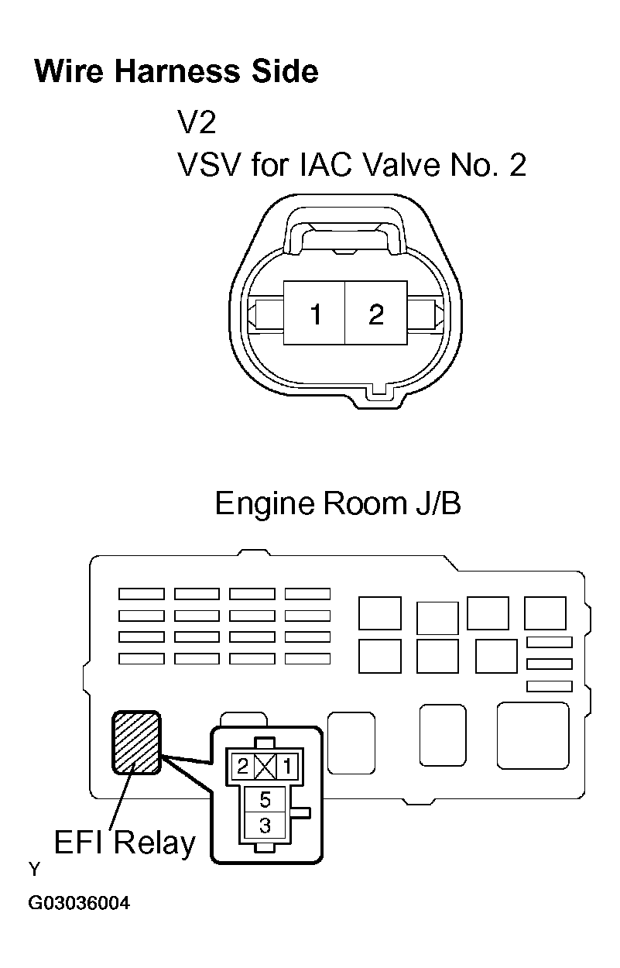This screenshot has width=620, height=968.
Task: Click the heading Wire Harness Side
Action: coord(176,71)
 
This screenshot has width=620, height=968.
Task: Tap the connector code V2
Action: coord(197,122)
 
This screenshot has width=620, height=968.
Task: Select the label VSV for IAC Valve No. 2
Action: coord(352,165)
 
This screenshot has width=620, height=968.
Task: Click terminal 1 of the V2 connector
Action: coord(314,313)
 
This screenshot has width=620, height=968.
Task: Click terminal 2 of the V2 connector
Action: coord(376,313)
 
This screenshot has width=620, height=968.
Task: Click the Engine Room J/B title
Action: coord(338,503)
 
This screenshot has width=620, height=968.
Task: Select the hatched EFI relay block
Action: coord(136,742)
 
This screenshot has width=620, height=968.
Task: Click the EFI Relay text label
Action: coord(125,843)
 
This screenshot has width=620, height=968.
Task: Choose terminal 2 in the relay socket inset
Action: coord(242,767)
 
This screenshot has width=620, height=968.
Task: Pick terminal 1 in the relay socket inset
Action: coord(286,767)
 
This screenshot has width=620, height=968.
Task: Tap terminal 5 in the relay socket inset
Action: coord(265,799)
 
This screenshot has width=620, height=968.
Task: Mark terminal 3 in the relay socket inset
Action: coord(265,825)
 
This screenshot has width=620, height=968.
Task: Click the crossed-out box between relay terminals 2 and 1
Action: coord(265,767)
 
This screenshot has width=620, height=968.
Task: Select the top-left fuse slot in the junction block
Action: coord(142,594)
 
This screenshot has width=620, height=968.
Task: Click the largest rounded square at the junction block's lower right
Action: coord(533,736)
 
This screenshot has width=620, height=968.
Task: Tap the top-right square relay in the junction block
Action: coord(545,613)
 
